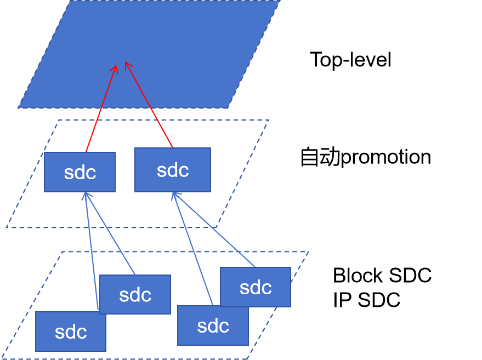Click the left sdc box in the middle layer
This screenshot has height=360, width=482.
tap(80, 172)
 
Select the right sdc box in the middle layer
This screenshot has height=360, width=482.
tap(172, 170)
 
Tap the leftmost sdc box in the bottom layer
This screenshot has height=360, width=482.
tap(71, 332)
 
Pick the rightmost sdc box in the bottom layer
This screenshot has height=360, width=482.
tap(256, 287)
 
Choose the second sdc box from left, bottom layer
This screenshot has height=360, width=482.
tap(135, 294)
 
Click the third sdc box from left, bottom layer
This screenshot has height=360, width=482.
tap(213, 325)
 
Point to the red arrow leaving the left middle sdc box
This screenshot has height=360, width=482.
tap(101, 109)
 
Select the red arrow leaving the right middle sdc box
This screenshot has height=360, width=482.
tap(149, 105)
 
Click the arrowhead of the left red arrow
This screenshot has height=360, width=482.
tap(115, 67)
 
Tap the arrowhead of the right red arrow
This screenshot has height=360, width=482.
tap(127, 64)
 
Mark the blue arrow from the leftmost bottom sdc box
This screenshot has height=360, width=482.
tap(92, 252)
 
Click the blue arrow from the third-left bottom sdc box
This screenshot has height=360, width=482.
tap(192, 249)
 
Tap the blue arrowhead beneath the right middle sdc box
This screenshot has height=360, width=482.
tap(174, 195)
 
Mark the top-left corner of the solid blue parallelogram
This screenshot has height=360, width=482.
tap(71, 1)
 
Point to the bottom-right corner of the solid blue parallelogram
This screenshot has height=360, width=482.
tap(228, 107)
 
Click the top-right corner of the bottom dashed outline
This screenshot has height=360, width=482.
tap(308, 252)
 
